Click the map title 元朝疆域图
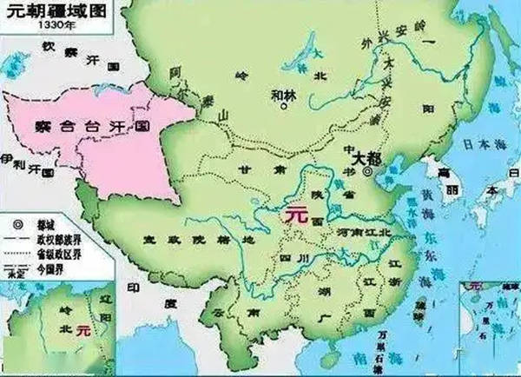[37, 10]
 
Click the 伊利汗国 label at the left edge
[18, 162]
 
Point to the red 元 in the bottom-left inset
[83, 330]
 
